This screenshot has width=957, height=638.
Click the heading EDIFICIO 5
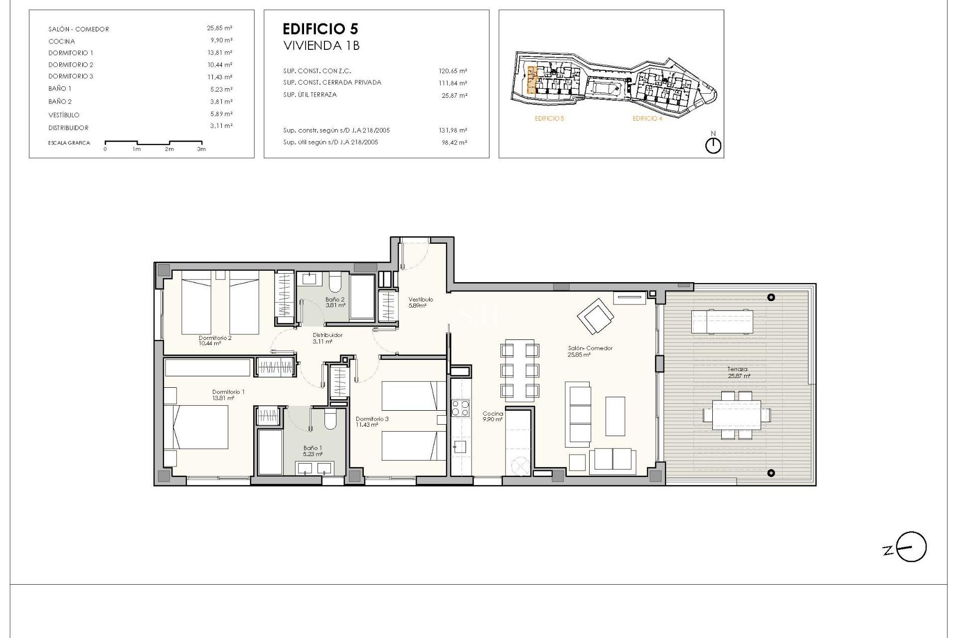click(x=320, y=28)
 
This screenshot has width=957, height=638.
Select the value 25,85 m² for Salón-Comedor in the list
click(x=219, y=28)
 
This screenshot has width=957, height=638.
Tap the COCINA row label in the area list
click(x=62, y=41)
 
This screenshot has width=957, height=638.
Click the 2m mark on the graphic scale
click(x=169, y=149)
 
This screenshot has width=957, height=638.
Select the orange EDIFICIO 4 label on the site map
click(x=647, y=119)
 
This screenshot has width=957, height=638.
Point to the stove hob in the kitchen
click(x=460, y=408)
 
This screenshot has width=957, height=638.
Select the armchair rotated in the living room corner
click(x=595, y=316)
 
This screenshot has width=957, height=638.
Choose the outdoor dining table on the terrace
click(x=737, y=414)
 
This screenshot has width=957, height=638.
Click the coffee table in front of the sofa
click(x=615, y=416)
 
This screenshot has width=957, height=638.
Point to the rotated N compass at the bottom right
click(x=911, y=547)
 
